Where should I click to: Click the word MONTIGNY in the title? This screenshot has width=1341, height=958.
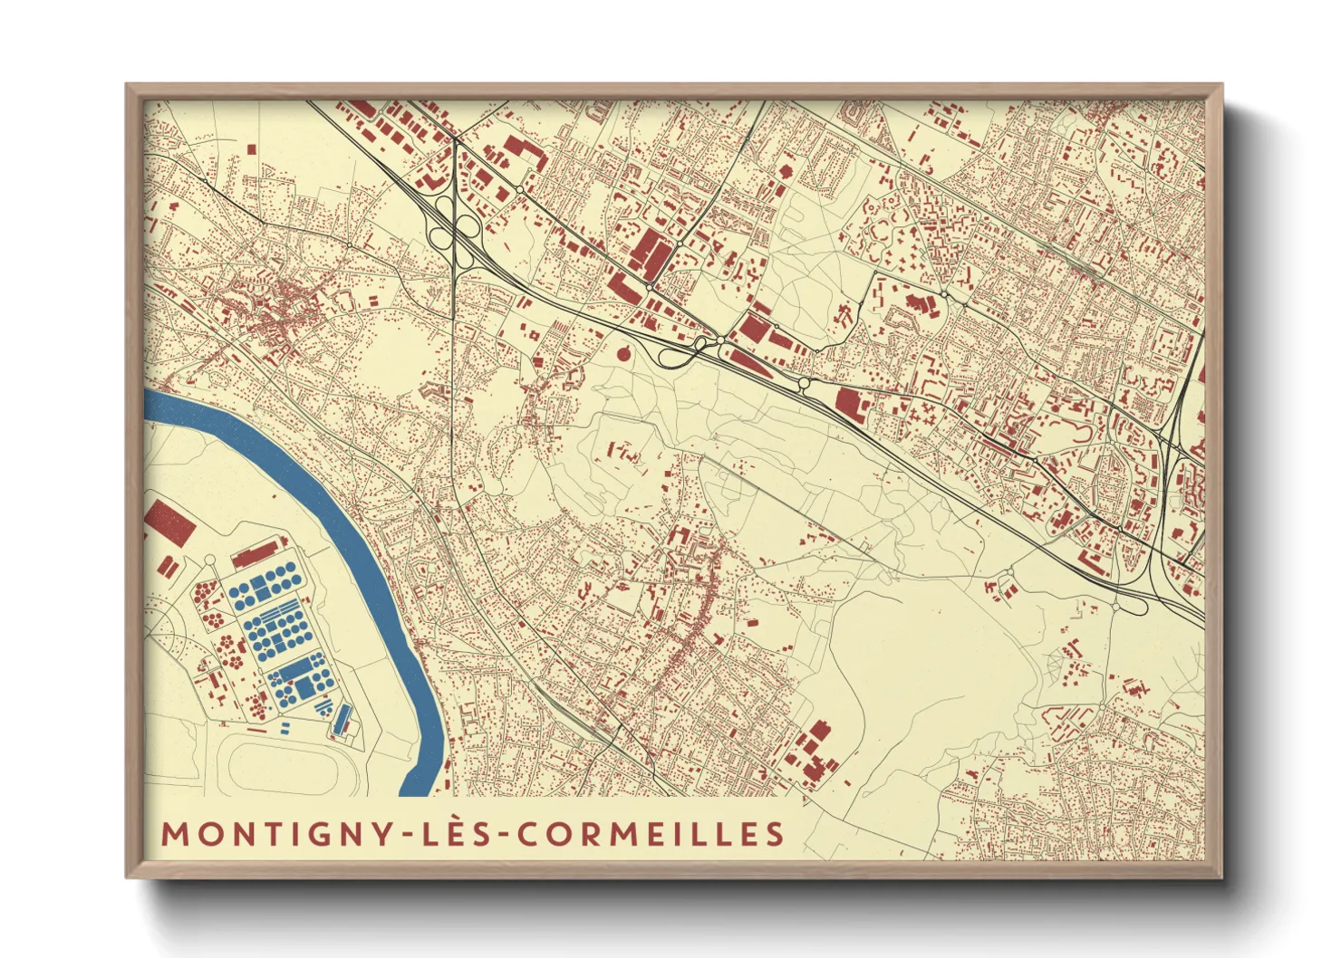coord(275,834)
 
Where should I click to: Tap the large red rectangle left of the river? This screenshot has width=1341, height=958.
coord(169,522)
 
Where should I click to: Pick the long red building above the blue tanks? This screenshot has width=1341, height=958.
coord(255,553)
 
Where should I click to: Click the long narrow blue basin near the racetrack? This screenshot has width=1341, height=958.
coord(342,719)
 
